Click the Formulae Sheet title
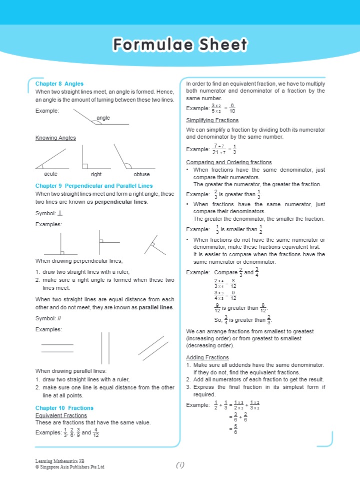coord(180,45)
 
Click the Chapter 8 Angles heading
coord(59,84)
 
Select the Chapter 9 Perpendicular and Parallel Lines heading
coord(94,186)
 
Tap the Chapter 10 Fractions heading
coord(64,408)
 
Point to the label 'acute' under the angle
coord(50,174)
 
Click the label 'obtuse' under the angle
coord(141,175)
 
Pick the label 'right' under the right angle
coord(96,175)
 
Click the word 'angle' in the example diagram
coord(103,118)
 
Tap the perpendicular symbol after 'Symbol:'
coord(60,213)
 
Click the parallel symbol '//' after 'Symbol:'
coord(59,318)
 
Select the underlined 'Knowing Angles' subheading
coord(55,138)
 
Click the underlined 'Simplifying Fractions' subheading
coord(212,120)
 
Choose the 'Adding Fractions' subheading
coord(207,357)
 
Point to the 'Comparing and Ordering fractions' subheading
coord(228,162)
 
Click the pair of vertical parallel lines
coord(105,348)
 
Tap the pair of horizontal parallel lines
coord(57,348)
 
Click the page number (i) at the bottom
coord(180,464)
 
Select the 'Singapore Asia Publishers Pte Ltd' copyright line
coord(69,467)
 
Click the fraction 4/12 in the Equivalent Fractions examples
coord(95,432)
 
